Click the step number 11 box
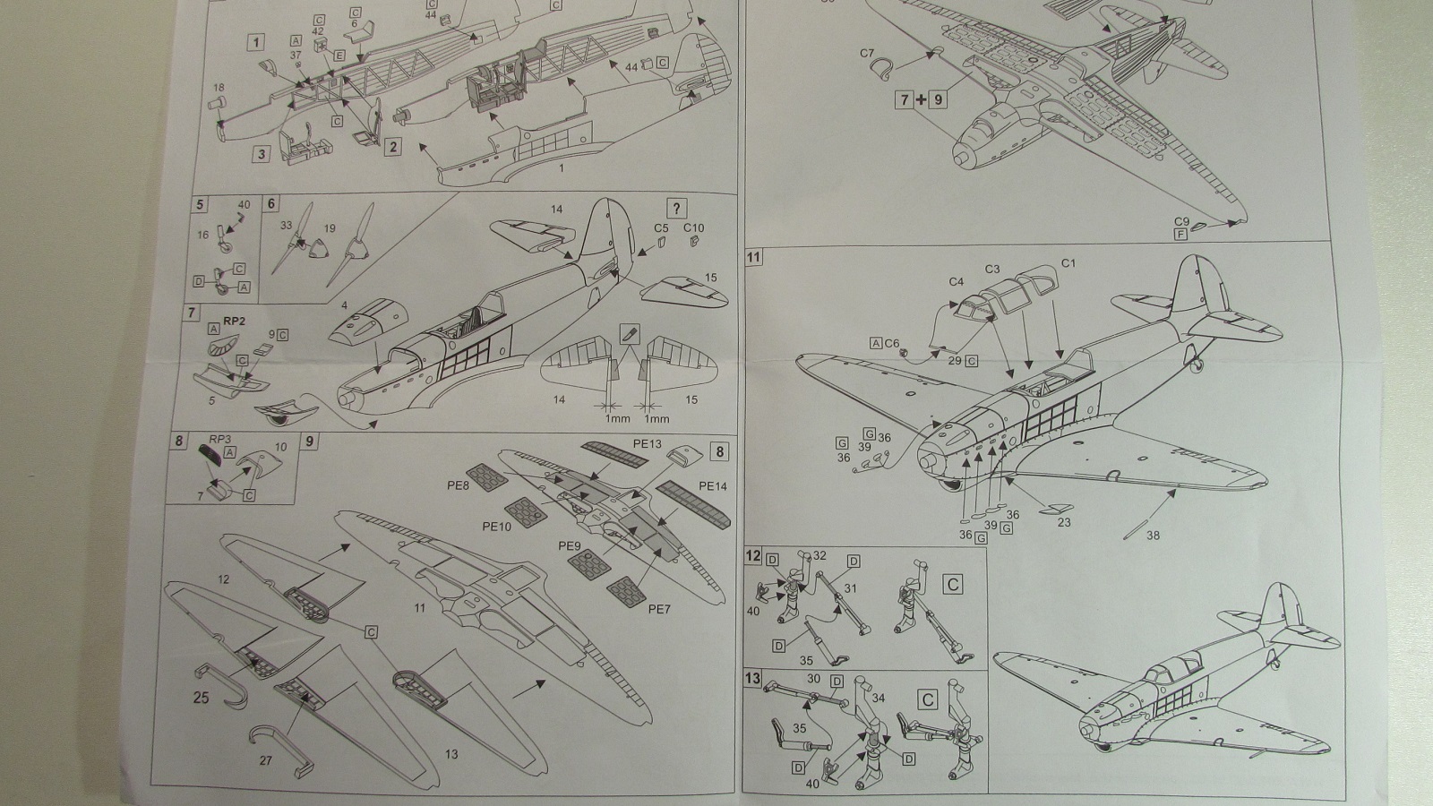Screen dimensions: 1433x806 point(754,258)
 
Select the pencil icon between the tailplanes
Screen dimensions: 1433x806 point(629,335)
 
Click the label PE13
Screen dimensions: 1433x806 point(647,443)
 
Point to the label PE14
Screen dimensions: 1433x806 point(713,486)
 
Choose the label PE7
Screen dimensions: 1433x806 point(659,610)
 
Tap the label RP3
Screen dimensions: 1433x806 point(220,439)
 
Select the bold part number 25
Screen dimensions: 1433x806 point(201,697)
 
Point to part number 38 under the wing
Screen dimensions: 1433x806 point(1153,536)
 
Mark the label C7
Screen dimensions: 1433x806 point(866,54)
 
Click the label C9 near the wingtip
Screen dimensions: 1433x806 point(1181,221)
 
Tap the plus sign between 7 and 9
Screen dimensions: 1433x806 point(921,99)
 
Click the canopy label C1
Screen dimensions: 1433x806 point(1068,263)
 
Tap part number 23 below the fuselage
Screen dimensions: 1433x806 point(1064,522)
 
